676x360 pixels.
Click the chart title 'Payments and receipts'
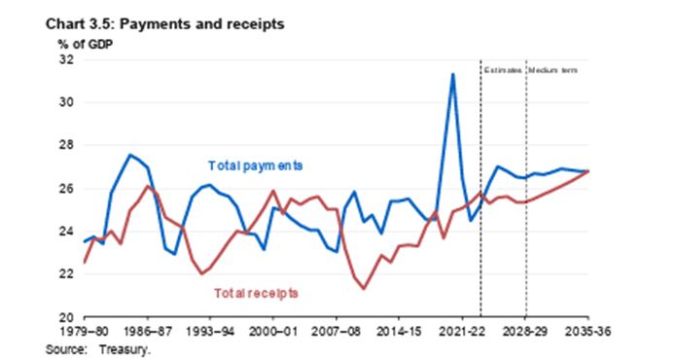[201, 24]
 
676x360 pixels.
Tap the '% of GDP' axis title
[86, 44]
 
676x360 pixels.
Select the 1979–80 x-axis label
[85, 332]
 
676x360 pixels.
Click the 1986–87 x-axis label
[148, 332]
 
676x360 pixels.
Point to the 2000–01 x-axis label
[272, 332]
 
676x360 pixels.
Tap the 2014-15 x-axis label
[399, 332]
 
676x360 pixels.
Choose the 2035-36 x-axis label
[587, 332]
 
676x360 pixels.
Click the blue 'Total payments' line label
[255, 166]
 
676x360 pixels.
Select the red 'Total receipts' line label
[256, 294]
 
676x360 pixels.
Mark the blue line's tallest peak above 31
[452, 74]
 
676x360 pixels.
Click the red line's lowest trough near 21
[365, 289]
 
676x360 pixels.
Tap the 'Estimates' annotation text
[503, 70]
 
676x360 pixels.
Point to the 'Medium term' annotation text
[552, 70]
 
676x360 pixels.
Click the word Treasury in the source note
[125, 349]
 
